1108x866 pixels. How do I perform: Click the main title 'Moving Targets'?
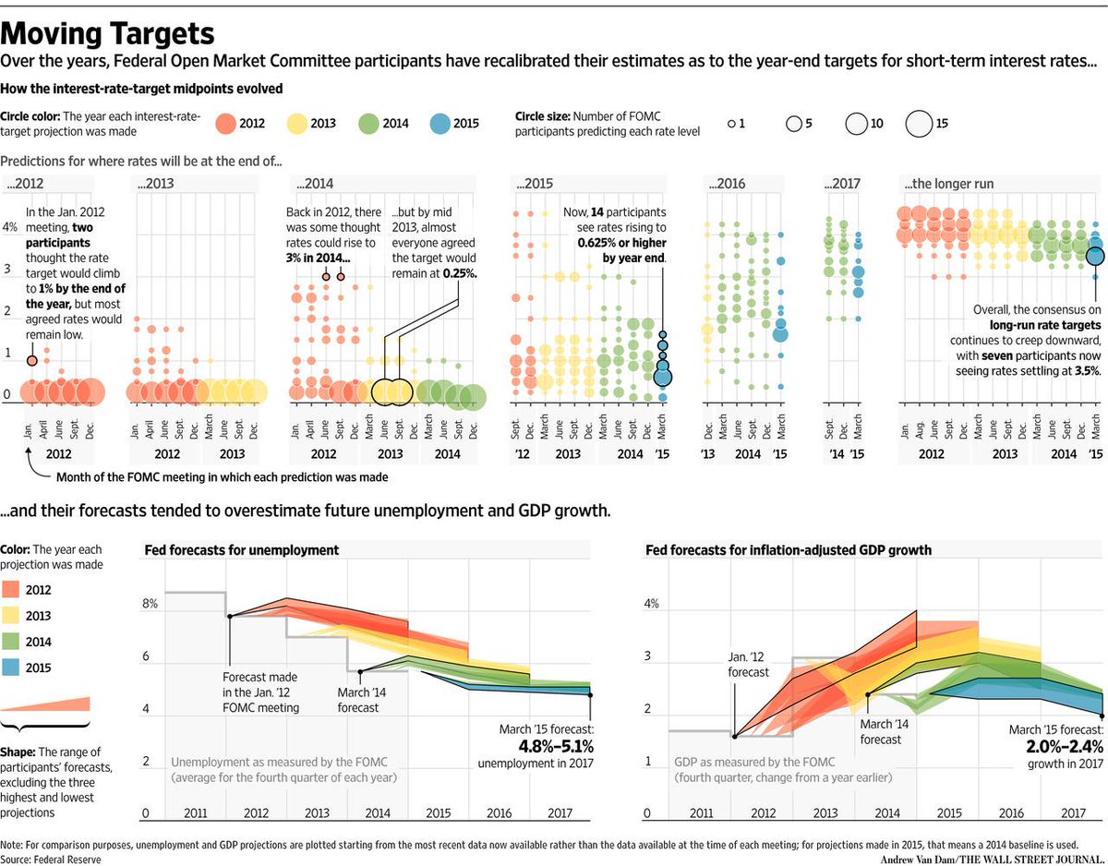(x=108, y=33)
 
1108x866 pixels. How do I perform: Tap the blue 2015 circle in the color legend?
(x=440, y=124)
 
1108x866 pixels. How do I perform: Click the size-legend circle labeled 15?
(x=919, y=124)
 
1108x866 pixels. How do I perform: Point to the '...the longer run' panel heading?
(x=950, y=184)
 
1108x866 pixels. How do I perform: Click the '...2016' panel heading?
(x=727, y=184)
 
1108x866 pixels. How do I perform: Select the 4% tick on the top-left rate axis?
(x=9, y=227)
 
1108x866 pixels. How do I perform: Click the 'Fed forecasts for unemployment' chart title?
(x=242, y=550)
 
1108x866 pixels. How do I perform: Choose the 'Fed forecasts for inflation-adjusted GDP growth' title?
(x=788, y=550)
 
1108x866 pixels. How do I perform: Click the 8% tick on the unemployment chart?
(x=150, y=604)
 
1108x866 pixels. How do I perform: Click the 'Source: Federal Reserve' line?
(x=52, y=859)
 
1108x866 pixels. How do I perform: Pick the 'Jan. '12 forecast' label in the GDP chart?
(x=748, y=664)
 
